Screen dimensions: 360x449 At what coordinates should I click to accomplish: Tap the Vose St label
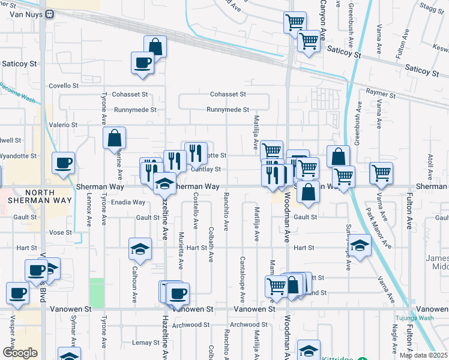[x=61, y=232]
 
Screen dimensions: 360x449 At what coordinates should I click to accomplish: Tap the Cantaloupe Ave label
[x=243, y=279]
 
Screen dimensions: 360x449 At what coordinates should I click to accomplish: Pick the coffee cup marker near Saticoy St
[x=143, y=64]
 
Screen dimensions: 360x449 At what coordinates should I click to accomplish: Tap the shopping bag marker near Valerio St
[x=114, y=139]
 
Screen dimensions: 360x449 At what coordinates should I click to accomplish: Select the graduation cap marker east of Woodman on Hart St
[x=360, y=246]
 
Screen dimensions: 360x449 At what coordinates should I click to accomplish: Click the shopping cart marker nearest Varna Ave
[x=381, y=173]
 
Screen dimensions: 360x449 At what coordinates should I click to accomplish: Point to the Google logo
[x=20, y=352]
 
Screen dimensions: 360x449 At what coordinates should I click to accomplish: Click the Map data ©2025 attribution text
[x=423, y=355]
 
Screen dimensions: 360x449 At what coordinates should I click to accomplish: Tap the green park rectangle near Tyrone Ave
[x=96, y=293]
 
